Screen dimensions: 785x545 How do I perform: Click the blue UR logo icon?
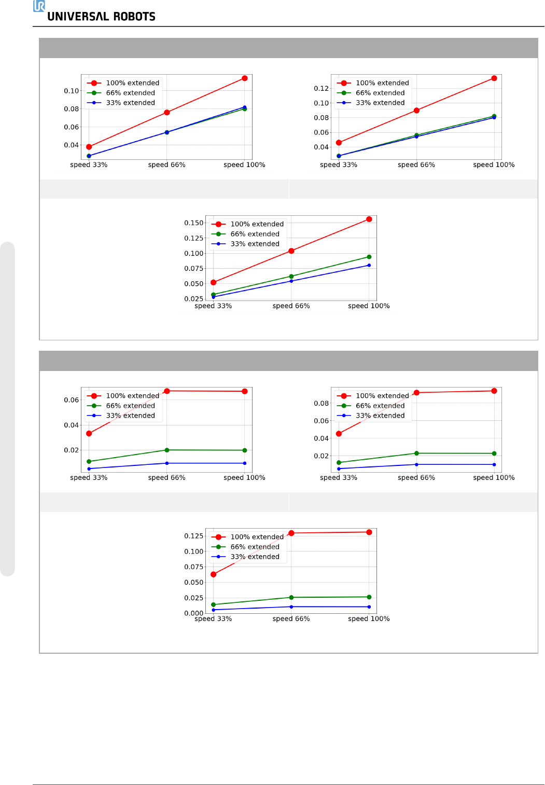39,6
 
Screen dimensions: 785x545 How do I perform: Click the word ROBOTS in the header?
134,17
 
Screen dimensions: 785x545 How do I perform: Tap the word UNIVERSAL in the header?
78,17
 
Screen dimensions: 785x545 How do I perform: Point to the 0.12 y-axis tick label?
321,88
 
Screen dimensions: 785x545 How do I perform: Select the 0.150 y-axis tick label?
193,223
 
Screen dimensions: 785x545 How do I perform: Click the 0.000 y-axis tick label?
193,613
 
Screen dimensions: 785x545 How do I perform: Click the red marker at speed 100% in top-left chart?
244,78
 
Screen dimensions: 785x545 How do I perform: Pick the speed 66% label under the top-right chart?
416,165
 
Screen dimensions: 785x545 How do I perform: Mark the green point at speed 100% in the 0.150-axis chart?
369,257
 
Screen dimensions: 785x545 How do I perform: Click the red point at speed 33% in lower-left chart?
89,433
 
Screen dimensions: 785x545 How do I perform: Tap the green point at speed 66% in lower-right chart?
416,453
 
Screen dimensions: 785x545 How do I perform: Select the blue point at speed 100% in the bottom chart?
369,607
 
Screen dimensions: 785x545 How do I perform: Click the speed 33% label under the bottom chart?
213,619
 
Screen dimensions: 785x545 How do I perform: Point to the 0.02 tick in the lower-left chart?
71,450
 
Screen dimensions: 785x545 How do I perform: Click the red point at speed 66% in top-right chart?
416,111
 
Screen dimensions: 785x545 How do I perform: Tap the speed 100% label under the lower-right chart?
494,478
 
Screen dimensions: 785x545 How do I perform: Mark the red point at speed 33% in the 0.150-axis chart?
214,282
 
